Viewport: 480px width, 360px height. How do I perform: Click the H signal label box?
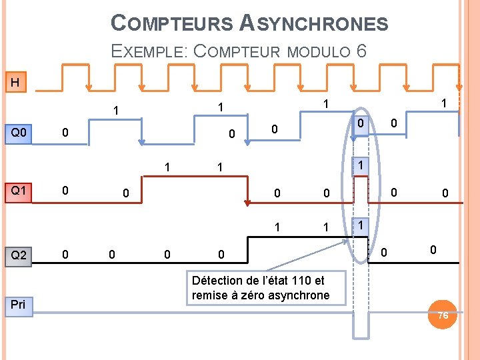[x=15, y=83]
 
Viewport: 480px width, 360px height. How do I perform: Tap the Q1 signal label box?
[x=19, y=191]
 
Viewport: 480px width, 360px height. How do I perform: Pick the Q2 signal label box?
[x=19, y=255]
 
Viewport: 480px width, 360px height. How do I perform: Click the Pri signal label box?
[x=19, y=305]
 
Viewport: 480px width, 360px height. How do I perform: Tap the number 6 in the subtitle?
[x=361, y=51]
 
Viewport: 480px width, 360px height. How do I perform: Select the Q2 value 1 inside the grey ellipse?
[x=360, y=225]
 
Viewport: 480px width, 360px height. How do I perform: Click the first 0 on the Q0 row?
[x=65, y=133]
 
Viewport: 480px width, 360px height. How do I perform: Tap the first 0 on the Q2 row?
[x=65, y=254]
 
